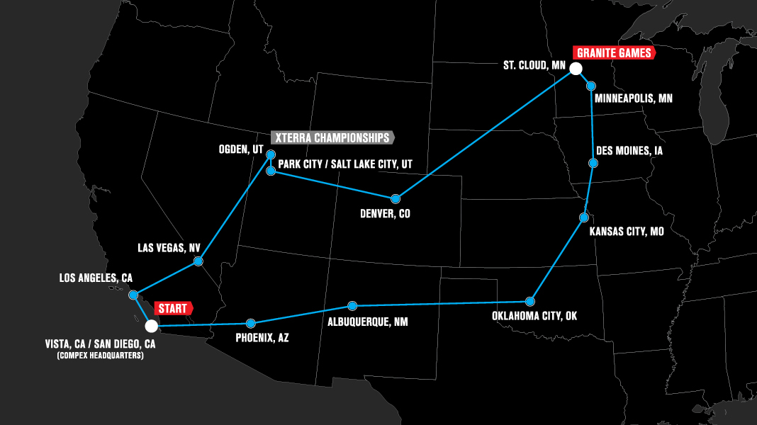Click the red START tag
[x=172, y=309]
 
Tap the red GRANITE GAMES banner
[x=614, y=53]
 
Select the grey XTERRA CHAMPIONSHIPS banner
[x=332, y=137]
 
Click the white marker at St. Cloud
[x=576, y=69]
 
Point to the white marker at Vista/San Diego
[x=151, y=326]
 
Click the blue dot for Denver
[x=395, y=198]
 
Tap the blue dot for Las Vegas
[x=198, y=262]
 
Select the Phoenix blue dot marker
[x=249, y=323]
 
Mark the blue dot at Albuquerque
[x=352, y=306]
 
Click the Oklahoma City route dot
[x=529, y=301]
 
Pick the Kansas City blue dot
[x=584, y=217]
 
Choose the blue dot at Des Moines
[x=593, y=164]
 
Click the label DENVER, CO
[x=386, y=213]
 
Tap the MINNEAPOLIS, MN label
[x=633, y=98]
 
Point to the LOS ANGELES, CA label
[x=96, y=278]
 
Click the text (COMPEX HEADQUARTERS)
[x=100, y=356]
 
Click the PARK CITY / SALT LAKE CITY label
[x=345, y=164]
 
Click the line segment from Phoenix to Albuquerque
[x=301, y=314]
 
